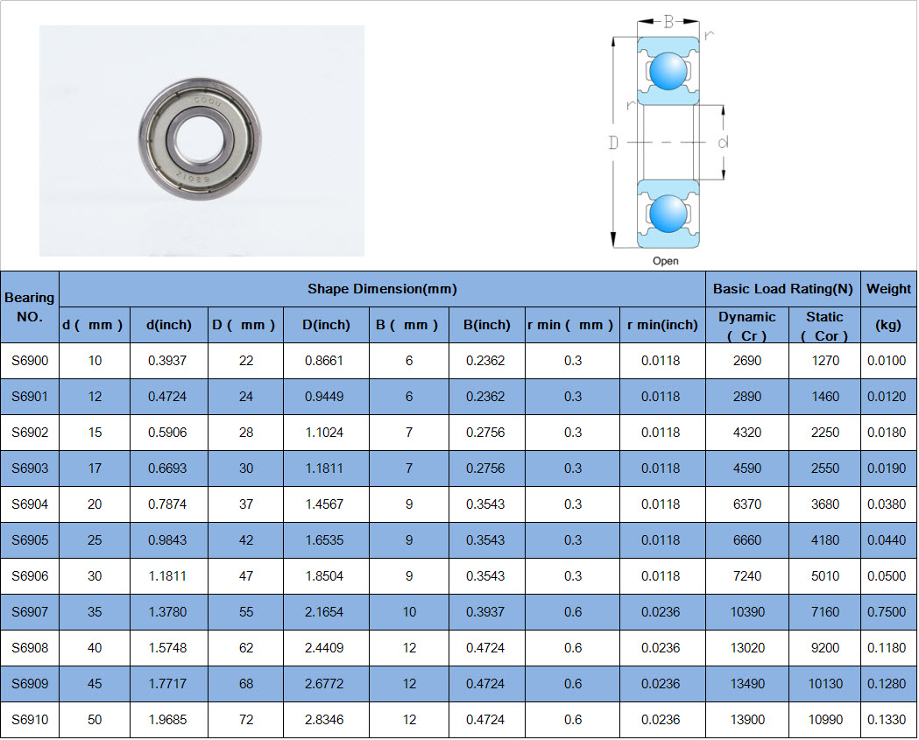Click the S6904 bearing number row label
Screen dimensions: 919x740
pos(30,504)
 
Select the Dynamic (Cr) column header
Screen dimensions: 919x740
pos(746,326)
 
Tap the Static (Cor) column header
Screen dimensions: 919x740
pos(824,326)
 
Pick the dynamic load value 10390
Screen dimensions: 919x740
pos(747,612)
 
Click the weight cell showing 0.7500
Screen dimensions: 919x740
pos(887,612)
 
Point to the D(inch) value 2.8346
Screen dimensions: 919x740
pos(324,720)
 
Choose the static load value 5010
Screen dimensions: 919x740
pos(825,576)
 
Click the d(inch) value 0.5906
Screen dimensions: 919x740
pos(167,433)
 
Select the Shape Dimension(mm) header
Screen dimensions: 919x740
pos(382,289)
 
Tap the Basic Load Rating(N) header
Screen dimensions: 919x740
pos(783,289)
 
